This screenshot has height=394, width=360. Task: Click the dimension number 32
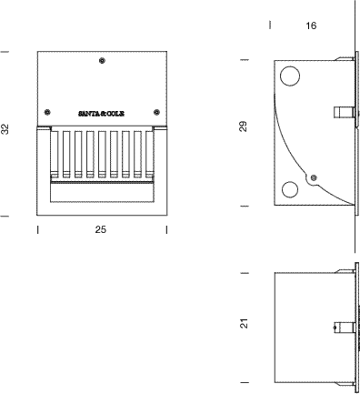[5, 129]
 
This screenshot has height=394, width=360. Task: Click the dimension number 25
[101, 230]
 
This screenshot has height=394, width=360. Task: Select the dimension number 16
[311, 25]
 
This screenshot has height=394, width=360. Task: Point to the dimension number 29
[244, 126]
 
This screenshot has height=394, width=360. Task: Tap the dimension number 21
[244, 323]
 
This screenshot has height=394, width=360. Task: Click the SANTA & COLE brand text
[102, 114]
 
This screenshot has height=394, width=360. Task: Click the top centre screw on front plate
[102, 61]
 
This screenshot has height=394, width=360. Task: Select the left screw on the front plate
[47, 112]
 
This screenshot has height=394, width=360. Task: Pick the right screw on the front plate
[156, 112]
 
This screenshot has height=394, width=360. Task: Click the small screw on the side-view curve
[315, 177]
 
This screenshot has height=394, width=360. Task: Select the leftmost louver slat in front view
[55, 154]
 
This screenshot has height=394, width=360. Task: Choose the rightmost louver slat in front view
[149, 154]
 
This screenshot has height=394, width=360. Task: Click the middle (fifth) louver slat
[102, 154]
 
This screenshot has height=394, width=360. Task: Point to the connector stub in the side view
[344, 112]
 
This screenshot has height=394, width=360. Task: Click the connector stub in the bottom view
[344, 328]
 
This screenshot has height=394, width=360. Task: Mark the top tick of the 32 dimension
[5, 52]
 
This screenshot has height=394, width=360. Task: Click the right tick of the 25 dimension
[166, 230]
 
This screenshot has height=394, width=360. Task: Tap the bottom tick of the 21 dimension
[245, 383]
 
